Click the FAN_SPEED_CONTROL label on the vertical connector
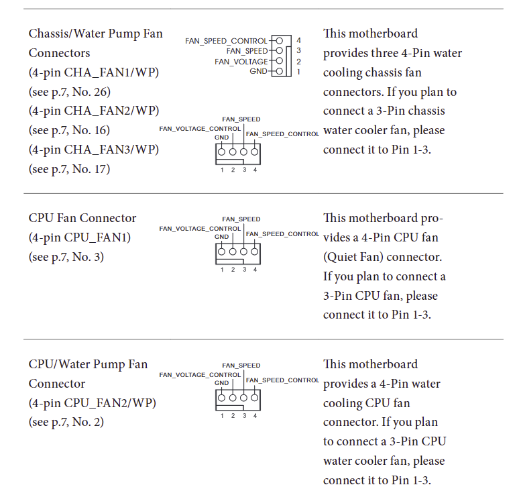(226, 41)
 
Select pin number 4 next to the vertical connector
(298, 41)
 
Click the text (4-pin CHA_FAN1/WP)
(94, 72)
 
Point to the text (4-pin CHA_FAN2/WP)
(94, 111)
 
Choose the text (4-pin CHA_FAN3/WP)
(94, 150)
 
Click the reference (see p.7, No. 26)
(69, 91)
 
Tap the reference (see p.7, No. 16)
(69, 130)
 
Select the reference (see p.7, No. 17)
(69, 169)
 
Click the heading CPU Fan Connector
(82, 218)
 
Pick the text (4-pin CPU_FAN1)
(80, 237)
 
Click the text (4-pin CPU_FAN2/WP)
(92, 403)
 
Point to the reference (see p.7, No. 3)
(66, 257)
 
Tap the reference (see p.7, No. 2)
(66, 423)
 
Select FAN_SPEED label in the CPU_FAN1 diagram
(241, 219)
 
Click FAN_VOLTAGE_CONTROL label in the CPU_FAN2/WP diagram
(200, 374)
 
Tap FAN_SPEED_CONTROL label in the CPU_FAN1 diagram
(282, 234)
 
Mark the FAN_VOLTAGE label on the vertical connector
(241, 61)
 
